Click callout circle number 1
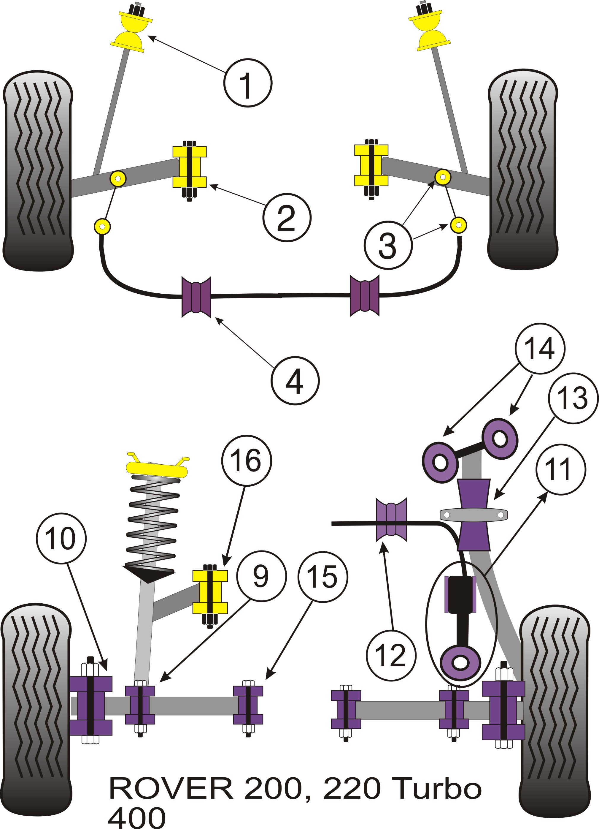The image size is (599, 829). [248, 83]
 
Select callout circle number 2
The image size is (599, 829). [287, 218]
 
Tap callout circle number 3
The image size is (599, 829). [388, 245]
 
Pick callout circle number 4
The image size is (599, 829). [295, 381]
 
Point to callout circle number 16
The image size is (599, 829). [247, 461]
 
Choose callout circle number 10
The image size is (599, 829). [61, 538]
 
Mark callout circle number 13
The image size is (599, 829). [573, 398]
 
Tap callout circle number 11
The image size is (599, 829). [561, 470]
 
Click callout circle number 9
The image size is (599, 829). [261, 576]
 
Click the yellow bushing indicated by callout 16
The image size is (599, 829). [210, 592]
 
